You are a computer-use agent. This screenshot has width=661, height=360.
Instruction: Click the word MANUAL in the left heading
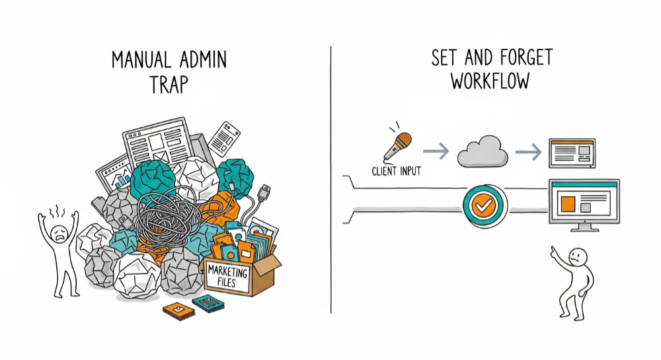[x=144, y=61]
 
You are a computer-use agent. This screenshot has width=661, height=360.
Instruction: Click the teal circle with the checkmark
[x=485, y=205]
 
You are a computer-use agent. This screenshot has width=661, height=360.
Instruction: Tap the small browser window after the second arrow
[x=572, y=153]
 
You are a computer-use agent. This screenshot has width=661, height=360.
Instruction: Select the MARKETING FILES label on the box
[x=228, y=277]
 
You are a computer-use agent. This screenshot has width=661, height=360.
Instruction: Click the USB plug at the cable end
[x=264, y=194]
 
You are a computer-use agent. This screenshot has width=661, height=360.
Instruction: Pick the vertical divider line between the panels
[x=330, y=178]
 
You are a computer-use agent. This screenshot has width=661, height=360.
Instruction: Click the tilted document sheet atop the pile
[x=224, y=138]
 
